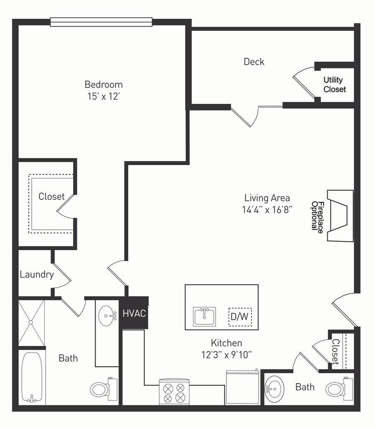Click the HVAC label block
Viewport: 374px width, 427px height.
pyautogui.click(x=134, y=313)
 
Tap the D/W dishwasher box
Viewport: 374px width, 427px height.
pyautogui.click(x=240, y=317)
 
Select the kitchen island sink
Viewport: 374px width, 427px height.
pyautogui.click(x=204, y=316)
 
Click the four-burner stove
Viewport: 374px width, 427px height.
pyautogui.click(x=174, y=391)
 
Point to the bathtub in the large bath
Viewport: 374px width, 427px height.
pyautogui.click(x=32, y=377)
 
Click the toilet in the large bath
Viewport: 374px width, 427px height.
pyautogui.click(x=104, y=389)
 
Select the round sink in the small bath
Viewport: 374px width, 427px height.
pyautogui.click(x=275, y=389)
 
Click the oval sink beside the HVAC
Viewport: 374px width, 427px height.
pyautogui.click(x=108, y=316)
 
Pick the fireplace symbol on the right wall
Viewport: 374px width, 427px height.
pyautogui.click(x=340, y=216)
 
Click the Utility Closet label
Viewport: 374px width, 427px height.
pyautogui.click(x=334, y=84)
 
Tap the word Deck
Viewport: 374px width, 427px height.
pyautogui.click(x=254, y=62)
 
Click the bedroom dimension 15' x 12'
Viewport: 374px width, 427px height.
pyautogui.click(x=104, y=96)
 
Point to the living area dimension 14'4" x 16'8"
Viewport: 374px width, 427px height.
pyautogui.click(x=267, y=210)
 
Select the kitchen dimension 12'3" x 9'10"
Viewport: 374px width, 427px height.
pyautogui.click(x=226, y=355)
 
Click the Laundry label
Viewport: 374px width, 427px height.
pyautogui.click(x=37, y=274)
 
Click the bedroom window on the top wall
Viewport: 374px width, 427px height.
pyautogui.click(x=101, y=22)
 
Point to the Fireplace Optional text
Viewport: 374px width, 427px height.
pyautogui.click(x=317, y=217)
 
